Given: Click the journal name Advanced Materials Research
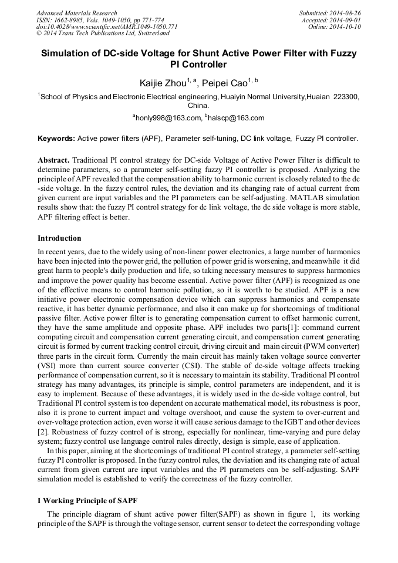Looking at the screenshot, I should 76,13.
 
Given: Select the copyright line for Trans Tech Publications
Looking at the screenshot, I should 103,34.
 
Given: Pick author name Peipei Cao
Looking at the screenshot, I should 224,83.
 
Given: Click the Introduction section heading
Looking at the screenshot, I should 59,238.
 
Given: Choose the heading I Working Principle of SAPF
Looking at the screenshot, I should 87,500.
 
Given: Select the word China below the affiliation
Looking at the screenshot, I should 198,106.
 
